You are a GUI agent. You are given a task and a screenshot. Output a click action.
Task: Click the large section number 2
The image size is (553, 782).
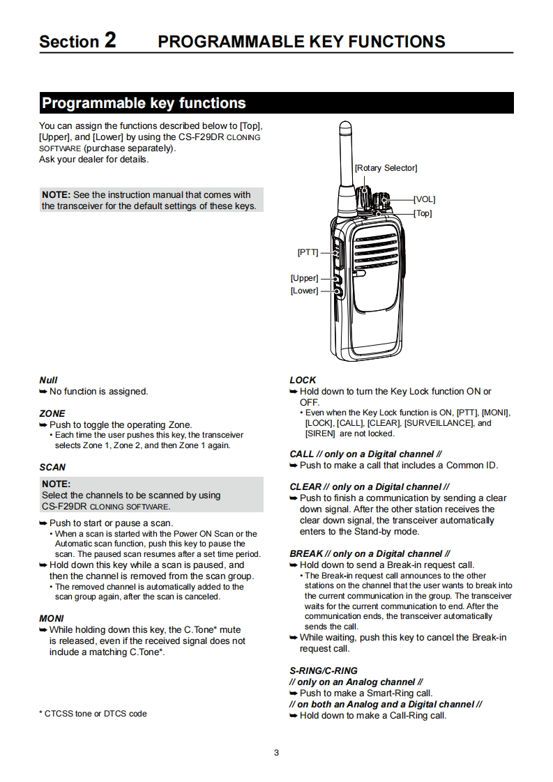point(110,40)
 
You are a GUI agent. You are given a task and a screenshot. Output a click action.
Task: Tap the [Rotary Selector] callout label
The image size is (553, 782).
point(386,168)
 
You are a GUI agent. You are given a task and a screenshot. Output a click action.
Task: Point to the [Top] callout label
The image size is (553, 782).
point(423,213)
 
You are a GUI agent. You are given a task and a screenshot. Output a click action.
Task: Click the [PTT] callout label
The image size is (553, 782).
point(308,252)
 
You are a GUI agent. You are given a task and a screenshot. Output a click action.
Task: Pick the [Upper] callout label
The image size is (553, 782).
point(304,278)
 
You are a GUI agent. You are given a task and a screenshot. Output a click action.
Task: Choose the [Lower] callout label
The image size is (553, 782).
point(304,291)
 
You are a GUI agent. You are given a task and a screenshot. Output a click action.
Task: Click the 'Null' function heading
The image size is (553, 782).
point(48,380)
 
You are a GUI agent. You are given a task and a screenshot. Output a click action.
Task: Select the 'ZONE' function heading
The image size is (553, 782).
point(52,413)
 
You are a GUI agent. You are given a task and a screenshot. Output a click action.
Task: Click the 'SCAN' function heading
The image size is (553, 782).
point(52,467)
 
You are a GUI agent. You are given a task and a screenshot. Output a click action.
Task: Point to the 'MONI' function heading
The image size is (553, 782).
point(52,618)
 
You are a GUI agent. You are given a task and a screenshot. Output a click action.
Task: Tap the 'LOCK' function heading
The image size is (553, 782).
point(303,380)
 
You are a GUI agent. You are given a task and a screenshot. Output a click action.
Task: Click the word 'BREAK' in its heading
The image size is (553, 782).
point(305,553)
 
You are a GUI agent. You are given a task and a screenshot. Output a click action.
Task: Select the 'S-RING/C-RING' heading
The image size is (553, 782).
point(324,670)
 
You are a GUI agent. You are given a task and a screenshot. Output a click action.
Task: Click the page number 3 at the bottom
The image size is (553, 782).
point(276,752)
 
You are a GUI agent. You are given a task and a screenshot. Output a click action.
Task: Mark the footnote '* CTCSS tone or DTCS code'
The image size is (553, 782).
point(93,714)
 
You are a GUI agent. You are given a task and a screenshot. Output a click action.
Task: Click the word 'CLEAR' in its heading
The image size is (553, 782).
point(305,486)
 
